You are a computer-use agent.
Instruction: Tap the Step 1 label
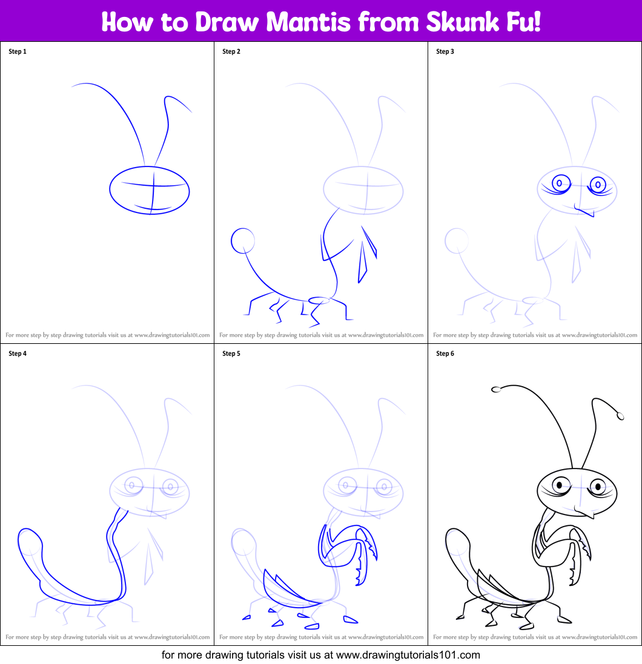18,51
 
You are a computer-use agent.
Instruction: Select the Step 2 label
231,51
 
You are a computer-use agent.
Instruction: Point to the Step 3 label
445,51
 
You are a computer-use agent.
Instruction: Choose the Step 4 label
18,353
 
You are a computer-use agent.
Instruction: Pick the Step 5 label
231,353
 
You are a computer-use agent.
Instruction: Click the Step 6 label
445,353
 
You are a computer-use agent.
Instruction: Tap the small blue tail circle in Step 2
243,240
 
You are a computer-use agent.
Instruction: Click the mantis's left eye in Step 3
561,182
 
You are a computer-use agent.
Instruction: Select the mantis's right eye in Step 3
598,183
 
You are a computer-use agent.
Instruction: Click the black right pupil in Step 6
598,485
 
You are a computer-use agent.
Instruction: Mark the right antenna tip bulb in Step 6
620,415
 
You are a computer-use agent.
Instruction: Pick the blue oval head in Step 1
150,190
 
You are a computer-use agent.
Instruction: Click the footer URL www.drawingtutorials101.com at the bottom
408,655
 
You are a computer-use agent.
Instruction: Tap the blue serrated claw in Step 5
363,563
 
